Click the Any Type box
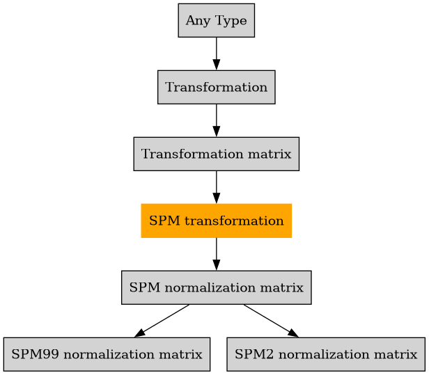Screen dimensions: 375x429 216,20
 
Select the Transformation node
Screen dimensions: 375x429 216,87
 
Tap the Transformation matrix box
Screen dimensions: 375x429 216,154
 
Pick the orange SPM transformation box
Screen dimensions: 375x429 216,221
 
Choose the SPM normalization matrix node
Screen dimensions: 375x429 216,287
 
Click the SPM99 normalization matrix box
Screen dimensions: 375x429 107,354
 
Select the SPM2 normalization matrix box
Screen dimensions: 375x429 325,354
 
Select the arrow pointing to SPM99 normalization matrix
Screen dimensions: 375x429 162,321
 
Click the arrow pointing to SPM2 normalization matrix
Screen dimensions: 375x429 271,321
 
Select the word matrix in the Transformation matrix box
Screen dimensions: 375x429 273,154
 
